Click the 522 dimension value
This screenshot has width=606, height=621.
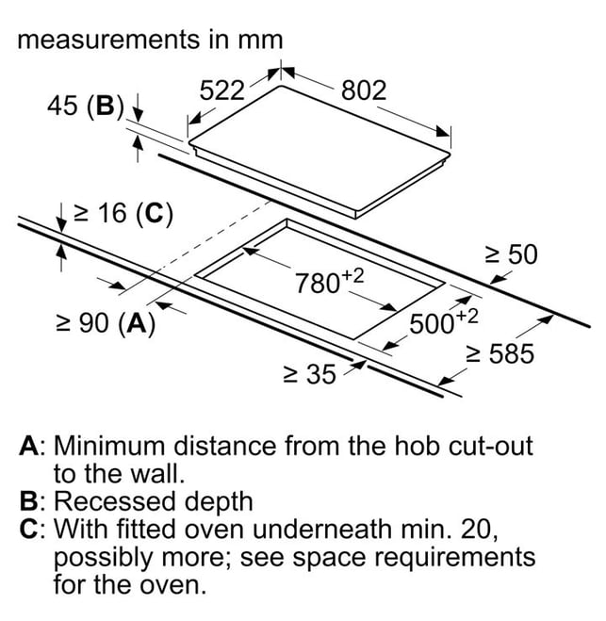coord(221,90)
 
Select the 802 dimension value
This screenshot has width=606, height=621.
coord(364,90)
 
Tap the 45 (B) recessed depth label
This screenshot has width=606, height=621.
coord(86,106)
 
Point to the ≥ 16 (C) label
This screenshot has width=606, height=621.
coord(123,214)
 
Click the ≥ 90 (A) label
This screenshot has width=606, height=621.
coord(106,323)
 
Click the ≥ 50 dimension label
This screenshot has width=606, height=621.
coord(512,254)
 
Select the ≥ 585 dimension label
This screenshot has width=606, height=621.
coord(500,353)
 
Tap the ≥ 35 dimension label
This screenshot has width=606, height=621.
coord(310,374)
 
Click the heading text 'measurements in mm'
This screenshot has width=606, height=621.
coord(150,40)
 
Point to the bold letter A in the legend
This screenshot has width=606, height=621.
coord(29,446)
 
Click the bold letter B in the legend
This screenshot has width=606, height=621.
coord(29,501)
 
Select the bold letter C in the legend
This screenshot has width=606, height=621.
coord(29,529)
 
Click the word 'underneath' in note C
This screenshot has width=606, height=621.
coord(321,529)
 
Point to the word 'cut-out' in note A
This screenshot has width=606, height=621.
coord(491,446)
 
